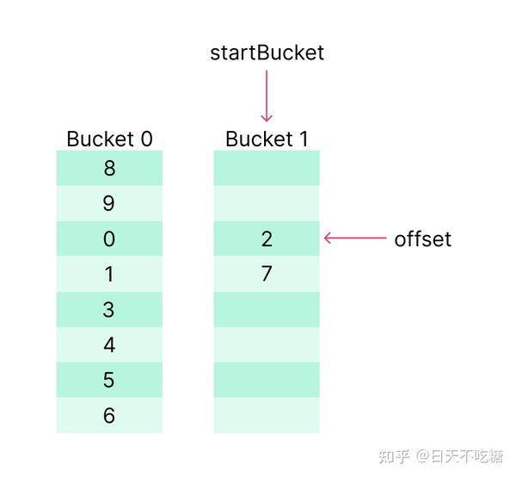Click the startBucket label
(267, 53)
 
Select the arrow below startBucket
(267, 96)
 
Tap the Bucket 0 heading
(109, 139)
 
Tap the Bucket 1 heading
(267, 139)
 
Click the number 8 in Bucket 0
(109, 168)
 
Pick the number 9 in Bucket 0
(109, 203)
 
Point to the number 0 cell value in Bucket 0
(109, 238)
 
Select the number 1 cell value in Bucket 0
(109, 274)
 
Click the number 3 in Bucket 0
(108, 310)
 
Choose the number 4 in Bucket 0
(109, 345)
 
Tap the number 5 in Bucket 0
(108, 381)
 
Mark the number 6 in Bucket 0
(109, 415)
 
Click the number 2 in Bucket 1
(267, 238)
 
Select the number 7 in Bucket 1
(267, 274)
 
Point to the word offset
(422, 239)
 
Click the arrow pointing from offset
(355, 238)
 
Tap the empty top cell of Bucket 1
(267, 168)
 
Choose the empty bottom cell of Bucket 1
(267, 415)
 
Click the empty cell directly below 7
(267, 309)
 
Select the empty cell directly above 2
(267, 203)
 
